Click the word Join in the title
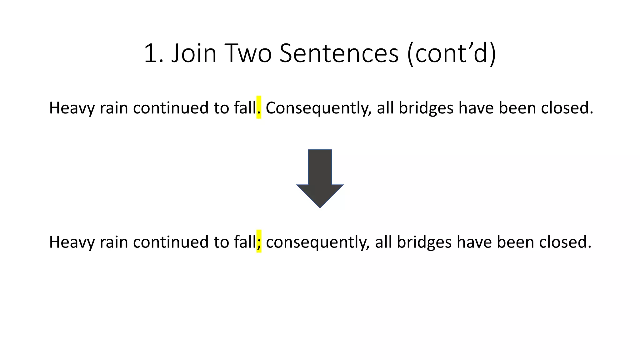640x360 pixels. click(194, 53)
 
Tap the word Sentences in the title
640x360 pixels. click(339, 53)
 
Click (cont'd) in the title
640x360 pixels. click(452, 53)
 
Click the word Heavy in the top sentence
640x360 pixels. click(72, 108)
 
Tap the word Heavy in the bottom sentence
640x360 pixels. click(72, 242)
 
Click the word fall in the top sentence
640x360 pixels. click(245, 108)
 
